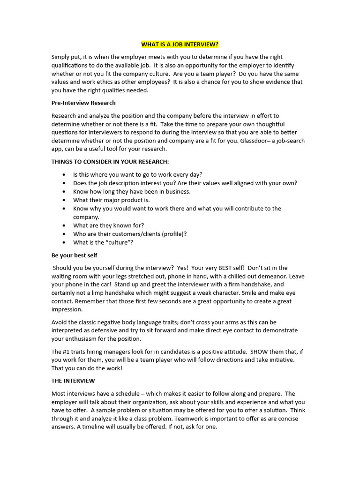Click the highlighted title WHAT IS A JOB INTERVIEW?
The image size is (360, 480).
pos(180,45)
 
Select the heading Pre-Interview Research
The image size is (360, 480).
pos(83,103)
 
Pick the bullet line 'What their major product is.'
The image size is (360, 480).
pos(112,200)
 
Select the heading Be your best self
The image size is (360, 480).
pos(74,255)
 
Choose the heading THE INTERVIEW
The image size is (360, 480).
pos(73,381)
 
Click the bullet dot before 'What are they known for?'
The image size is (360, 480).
pos(63,225)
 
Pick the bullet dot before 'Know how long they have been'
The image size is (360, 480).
pos(63,192)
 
